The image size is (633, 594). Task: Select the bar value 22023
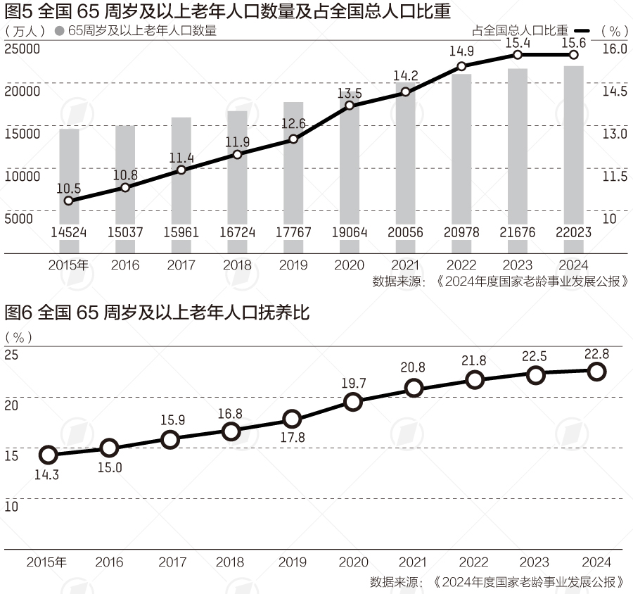tap(573, 232)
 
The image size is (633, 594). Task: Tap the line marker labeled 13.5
tap(350, 106)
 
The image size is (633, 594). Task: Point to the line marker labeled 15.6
tap(573, 55)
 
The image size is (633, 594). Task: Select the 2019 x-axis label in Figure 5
tap(293, 265)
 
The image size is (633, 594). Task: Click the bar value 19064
tap(350, 232)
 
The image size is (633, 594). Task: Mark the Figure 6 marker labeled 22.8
tap(596, 371)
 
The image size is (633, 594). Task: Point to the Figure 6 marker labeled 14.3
tap(48, 455)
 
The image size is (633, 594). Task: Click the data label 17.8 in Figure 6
tap(293, 438)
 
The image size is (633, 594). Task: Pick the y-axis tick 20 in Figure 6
tap(11, 405)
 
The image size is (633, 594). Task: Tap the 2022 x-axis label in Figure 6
tap(473, 562)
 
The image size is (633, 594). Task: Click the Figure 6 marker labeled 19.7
tap(353, 402)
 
